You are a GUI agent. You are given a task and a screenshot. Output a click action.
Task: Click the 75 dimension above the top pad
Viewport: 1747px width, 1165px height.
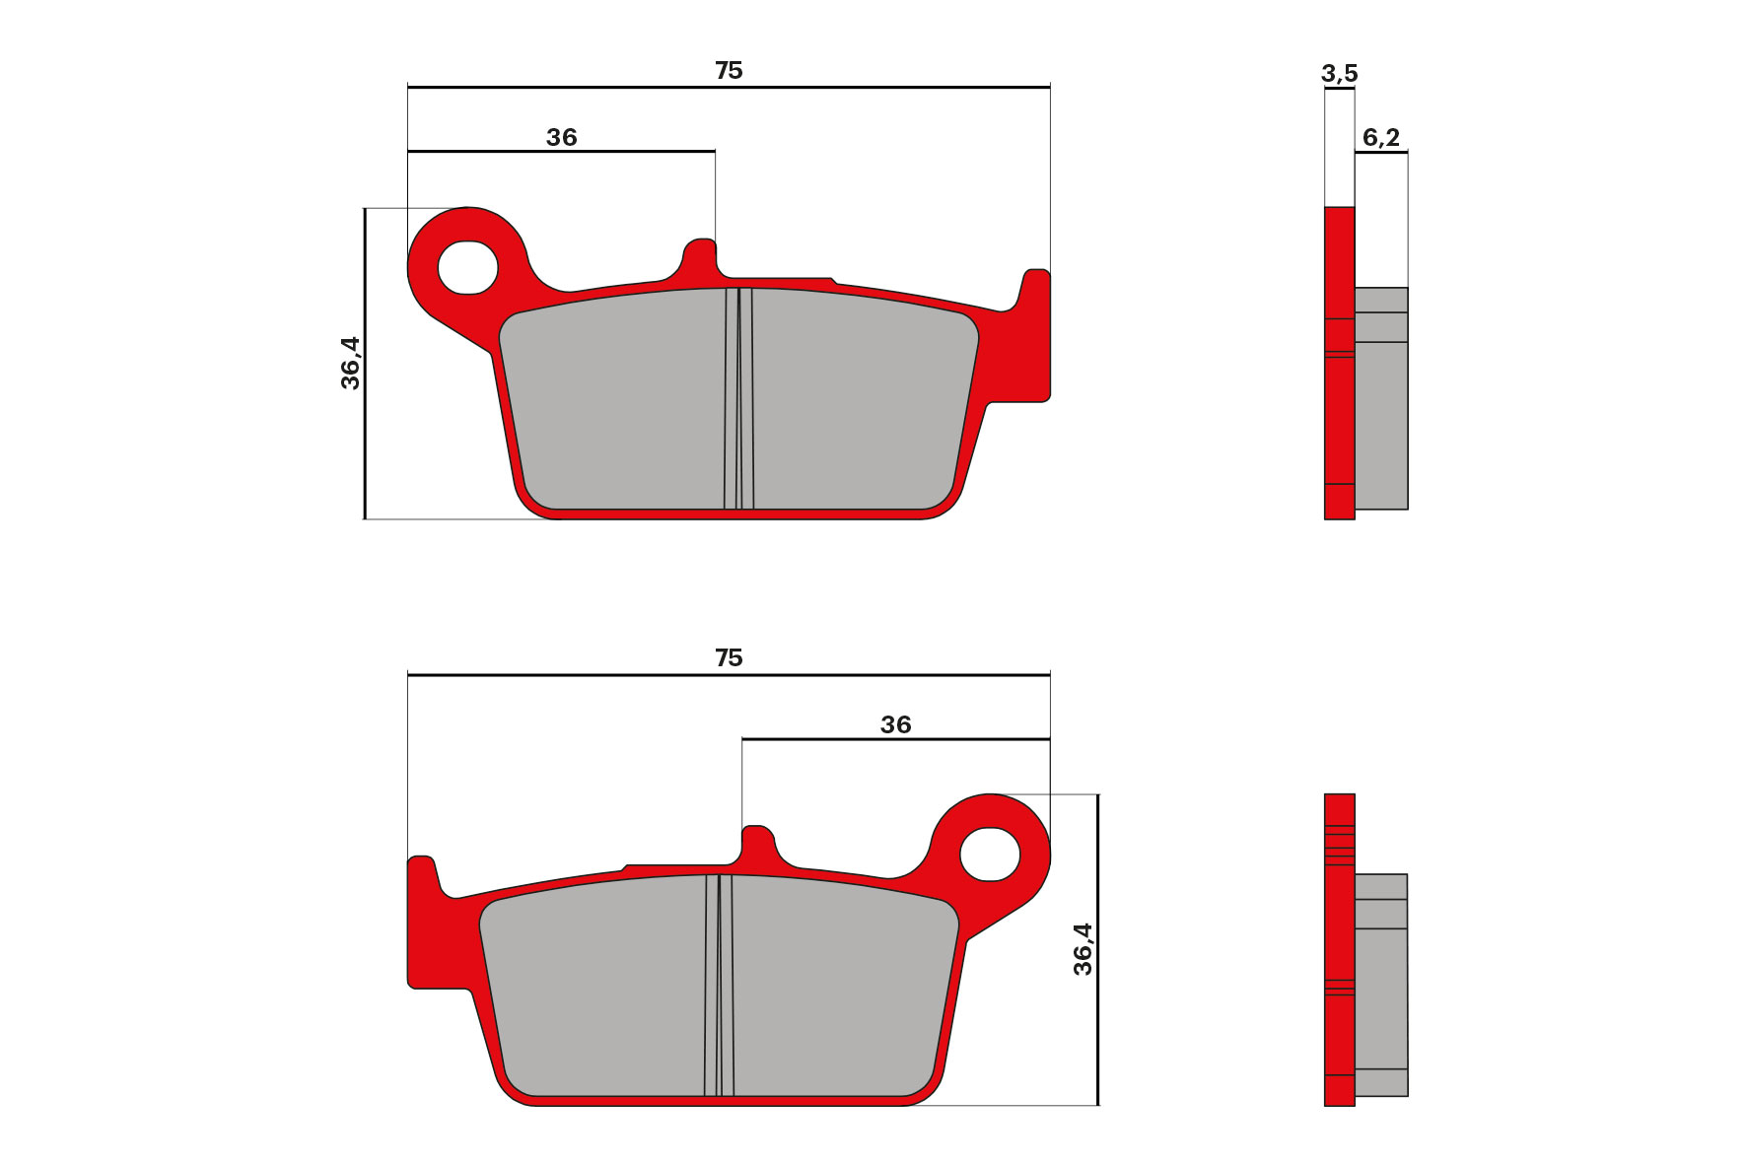click(x=729, y=71)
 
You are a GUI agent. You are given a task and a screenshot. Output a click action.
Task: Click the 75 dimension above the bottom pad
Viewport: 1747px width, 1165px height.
click(x=729, y=658)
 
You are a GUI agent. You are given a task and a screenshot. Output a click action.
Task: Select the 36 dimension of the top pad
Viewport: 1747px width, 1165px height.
click(x=561, y=138)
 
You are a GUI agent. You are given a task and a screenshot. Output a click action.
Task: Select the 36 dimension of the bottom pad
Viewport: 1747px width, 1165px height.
click(x=895, y=725)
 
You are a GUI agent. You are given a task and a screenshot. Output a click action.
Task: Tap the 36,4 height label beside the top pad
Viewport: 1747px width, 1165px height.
click(x=351, y=363)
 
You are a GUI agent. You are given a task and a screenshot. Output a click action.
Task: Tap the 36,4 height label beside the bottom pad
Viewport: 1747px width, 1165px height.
click(x=1083, y=949)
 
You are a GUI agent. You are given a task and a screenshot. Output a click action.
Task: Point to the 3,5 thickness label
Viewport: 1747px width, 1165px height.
click(x=1339, y=74)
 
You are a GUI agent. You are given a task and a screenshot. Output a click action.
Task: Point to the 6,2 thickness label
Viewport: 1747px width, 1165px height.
click(x=1380, y=138)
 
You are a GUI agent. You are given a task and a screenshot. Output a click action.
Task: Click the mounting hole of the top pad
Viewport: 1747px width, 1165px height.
click(x=467, y=267)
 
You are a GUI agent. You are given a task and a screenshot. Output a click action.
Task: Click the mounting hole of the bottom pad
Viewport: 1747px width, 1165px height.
click(x=990, y=854)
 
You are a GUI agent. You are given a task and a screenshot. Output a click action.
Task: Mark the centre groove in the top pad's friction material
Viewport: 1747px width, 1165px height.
click(x=738, y=399)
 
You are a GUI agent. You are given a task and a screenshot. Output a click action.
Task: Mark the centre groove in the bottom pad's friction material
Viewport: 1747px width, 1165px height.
click(x=719, y=986)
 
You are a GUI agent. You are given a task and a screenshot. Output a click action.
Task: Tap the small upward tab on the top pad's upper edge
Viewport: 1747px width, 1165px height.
click(x=699, y=257)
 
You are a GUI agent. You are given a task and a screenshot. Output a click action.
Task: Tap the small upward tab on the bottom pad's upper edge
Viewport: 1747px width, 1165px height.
click(x=758, y=844)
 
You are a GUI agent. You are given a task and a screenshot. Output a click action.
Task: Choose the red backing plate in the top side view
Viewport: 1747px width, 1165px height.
click(x=1339, y=414)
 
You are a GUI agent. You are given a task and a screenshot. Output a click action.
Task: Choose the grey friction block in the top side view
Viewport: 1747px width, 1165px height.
click(x=1380, y=424)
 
